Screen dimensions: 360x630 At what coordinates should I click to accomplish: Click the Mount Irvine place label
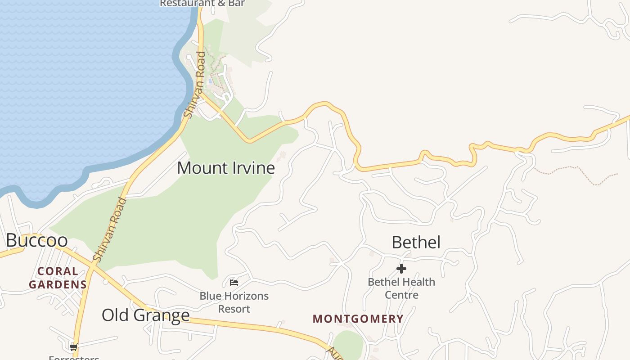tap(225, 168)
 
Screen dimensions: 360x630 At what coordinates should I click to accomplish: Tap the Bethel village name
tap(416, 242)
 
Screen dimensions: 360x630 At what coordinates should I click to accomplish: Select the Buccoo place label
tap(37, 240)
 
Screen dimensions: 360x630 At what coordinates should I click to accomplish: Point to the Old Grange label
tap(145, 315)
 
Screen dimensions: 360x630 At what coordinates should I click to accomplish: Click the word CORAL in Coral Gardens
tap(58, 271)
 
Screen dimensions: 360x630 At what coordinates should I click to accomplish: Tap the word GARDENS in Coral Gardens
tap(58, 284)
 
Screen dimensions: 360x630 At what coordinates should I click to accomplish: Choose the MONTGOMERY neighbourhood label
tap(358, 319)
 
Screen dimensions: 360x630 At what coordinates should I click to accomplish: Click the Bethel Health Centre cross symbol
tap(401, 269)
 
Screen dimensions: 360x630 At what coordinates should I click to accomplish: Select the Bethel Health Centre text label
tap(401, 288)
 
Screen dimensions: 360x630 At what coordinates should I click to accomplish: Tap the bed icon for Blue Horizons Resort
tap(234, 283)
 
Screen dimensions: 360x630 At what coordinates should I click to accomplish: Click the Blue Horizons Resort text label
tap(234, 302)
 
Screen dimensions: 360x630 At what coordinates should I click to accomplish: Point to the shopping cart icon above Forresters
tap(74, 347)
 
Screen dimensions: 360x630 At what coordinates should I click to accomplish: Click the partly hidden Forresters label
tap(74, 358)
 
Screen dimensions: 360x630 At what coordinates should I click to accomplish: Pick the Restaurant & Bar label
tap(202, 4)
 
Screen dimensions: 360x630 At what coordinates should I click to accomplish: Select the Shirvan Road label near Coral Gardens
tap(110, 229)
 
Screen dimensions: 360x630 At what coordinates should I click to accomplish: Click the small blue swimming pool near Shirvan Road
tap(210, 81)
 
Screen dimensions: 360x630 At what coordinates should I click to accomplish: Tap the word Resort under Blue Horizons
tap(234, 309)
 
